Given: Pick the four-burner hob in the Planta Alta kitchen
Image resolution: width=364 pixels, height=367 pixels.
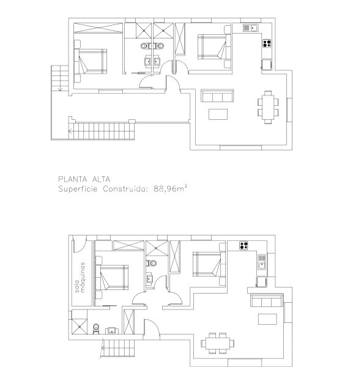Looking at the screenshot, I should coord(267,43).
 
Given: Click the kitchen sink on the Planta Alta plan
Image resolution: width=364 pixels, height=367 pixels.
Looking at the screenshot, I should coord(250,28).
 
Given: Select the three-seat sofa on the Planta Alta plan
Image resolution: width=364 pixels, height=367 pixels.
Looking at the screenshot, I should coord(218,95).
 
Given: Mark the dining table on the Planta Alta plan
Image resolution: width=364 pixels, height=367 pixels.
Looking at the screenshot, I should coord(268,106).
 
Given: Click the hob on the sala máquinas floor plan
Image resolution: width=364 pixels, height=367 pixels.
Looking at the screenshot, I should coord(244,246).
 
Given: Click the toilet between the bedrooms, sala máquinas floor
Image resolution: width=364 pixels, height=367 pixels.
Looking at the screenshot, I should coord(152,263).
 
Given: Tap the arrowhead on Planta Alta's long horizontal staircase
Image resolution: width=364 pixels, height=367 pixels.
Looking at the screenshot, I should coord(71,131).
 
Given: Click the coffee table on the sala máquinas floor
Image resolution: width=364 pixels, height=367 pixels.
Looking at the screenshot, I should coord(267,319).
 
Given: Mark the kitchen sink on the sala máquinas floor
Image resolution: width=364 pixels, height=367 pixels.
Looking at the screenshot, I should coord(261,265).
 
